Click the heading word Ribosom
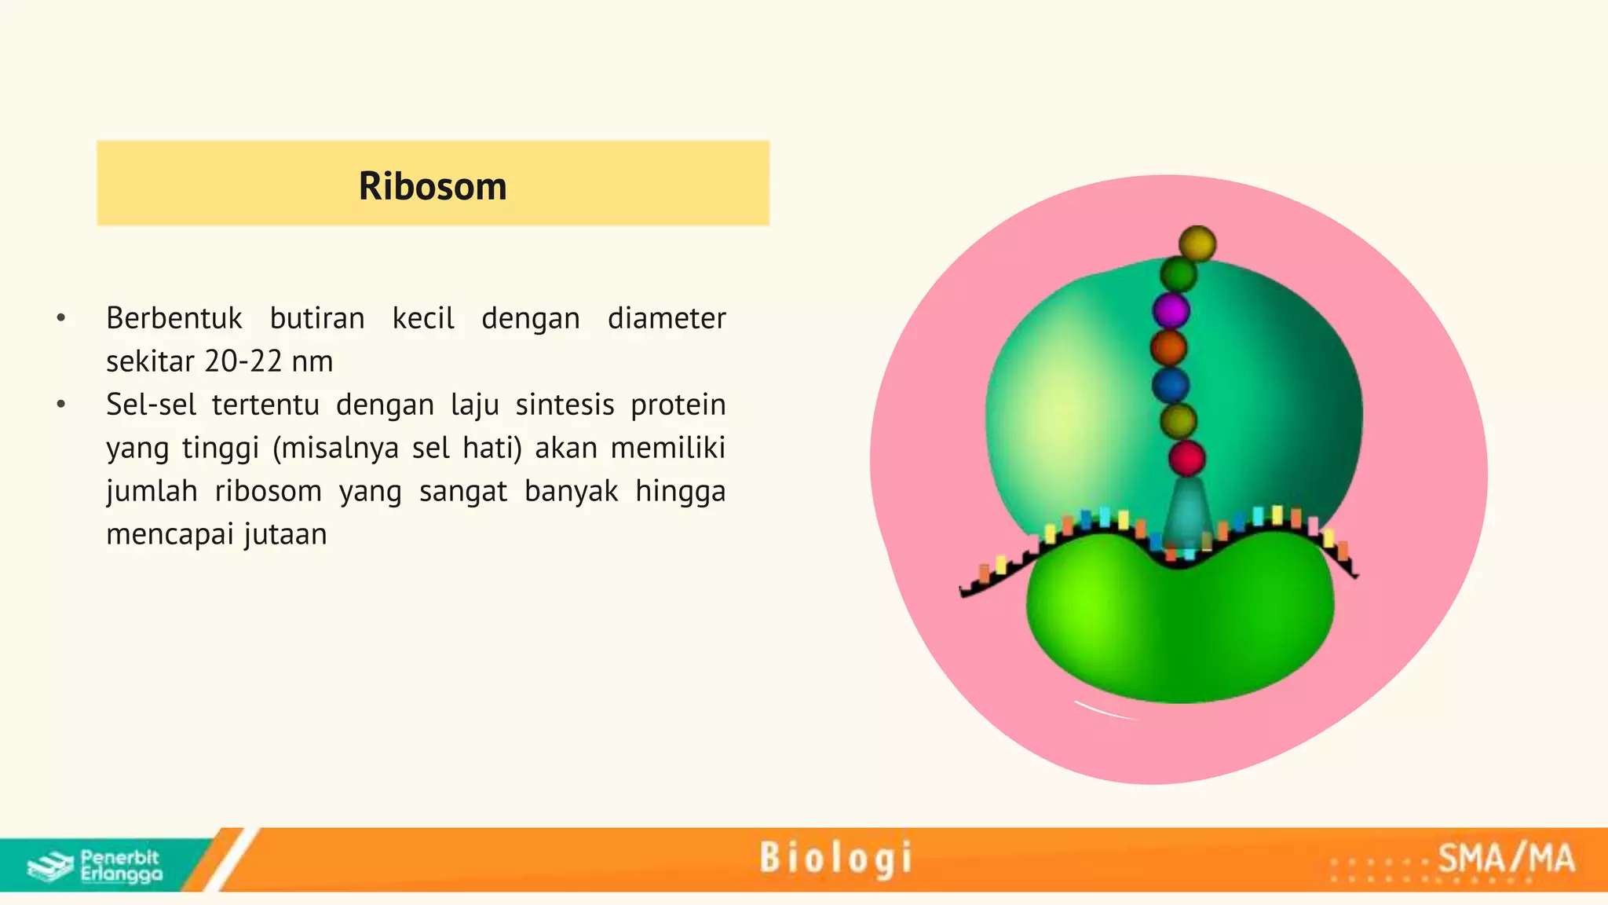pos(433,186)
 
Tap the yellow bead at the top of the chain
pos(1197,244)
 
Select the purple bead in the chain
pos(1171,311)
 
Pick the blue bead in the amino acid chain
pos(1170,385)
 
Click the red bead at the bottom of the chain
pos(1186,458)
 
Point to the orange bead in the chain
pos(1168,348)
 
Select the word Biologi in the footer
pos(836,858)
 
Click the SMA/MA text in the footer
pos(1506,858)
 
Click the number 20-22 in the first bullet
pos(243,361)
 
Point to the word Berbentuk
pos(174,318)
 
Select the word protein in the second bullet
pos(678,405)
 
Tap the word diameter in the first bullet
pos(667,318)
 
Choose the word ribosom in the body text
pos(268,491)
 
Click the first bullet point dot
pos(61,318)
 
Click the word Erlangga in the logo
pos(122,874)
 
